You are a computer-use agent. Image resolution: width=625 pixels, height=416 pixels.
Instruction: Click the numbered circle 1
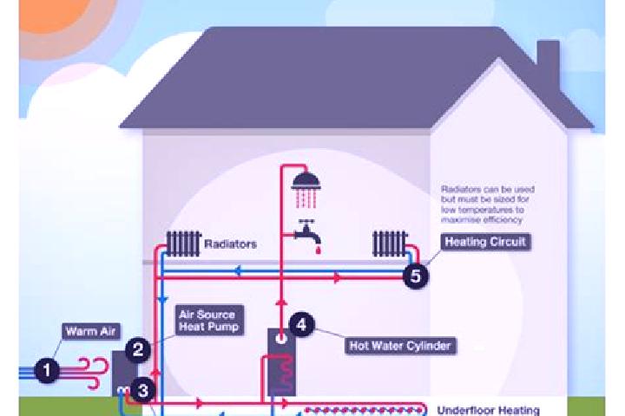pyautogui.click(x=47, y=370)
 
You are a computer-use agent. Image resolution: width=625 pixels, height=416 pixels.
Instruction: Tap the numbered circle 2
pyautogui.click(x=138, y=349)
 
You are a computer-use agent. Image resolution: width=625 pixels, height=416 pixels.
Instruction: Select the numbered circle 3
pyautogui.click(x=142, y=391)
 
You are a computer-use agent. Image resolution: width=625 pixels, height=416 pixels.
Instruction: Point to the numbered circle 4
pyautogui.click(x=302, y=324)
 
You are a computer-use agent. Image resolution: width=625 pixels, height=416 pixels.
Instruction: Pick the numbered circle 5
pyautogui.click(x=415, y=276)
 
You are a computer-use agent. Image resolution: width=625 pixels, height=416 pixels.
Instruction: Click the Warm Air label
pyautogui.click(x=91, y=331)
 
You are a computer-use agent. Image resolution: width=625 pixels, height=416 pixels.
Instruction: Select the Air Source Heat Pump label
pyautogui.click(x=209, y=321)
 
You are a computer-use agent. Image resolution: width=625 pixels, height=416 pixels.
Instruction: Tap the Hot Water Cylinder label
pyautogui.click(x=400, y=346)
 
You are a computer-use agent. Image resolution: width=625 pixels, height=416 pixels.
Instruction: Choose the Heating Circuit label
pyautogui.click(x=485, y=242)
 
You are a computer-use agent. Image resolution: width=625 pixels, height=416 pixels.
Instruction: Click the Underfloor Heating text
pyautogui.click(x=488, y=410)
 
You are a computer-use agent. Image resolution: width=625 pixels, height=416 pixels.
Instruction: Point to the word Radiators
pyautogui.click(x=230, y=244)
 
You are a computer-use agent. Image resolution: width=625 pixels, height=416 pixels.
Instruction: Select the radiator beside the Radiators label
pyautogui.click(x=184, y=244)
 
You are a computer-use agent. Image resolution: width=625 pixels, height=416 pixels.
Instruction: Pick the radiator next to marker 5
pyautogui.click(x=391, y=244)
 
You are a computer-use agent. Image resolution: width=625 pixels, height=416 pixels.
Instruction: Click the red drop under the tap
pyautogui.click(x=318, y=250)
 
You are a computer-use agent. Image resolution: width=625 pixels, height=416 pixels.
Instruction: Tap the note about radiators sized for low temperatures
pyautogui.click(x=488, y=205)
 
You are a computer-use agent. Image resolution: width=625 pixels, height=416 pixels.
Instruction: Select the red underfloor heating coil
pyautogui.click(x=364, y=410)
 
